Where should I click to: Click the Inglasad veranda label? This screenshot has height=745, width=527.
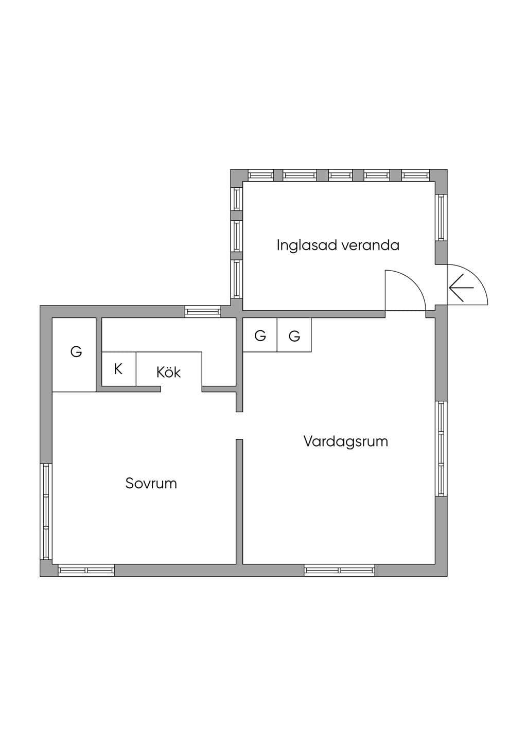tap(338, 246)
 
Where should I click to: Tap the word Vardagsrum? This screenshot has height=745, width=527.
tap(346, 442)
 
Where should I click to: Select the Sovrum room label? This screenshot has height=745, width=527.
tap(151, 484)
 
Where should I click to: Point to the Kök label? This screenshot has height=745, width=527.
tap(168, 372)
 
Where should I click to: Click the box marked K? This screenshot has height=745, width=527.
tap(119, 369)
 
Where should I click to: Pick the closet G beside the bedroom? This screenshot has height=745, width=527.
tap(74, 355)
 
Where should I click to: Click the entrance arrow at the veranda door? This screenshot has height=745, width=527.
tap(461, 288)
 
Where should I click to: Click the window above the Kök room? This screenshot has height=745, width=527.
tap(203, 311)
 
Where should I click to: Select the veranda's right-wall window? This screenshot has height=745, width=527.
tap(441, 218)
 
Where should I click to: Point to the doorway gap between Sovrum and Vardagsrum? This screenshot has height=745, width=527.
tap(239, 425)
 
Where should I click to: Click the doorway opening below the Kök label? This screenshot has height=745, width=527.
tap(181, 389)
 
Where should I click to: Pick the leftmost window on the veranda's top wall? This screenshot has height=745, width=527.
tap(261, 175)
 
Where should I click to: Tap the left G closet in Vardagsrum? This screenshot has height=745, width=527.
tap(260, 335)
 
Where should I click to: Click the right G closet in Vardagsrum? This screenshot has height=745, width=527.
tap(294, 335)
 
